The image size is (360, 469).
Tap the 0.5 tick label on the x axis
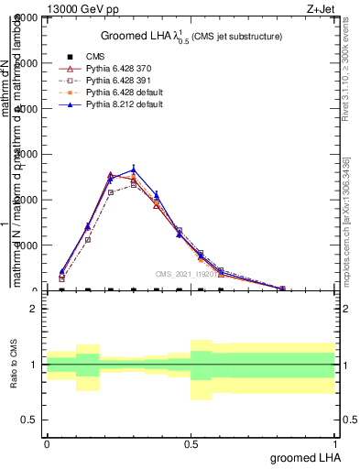(x=190, y=442)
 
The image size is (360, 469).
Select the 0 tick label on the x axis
(x=47, y=442)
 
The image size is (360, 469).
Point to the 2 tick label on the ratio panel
(x=35, y=310)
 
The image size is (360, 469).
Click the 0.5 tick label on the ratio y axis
(x=30, y=420)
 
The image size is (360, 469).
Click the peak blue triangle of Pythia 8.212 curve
(x=134, y=169)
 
